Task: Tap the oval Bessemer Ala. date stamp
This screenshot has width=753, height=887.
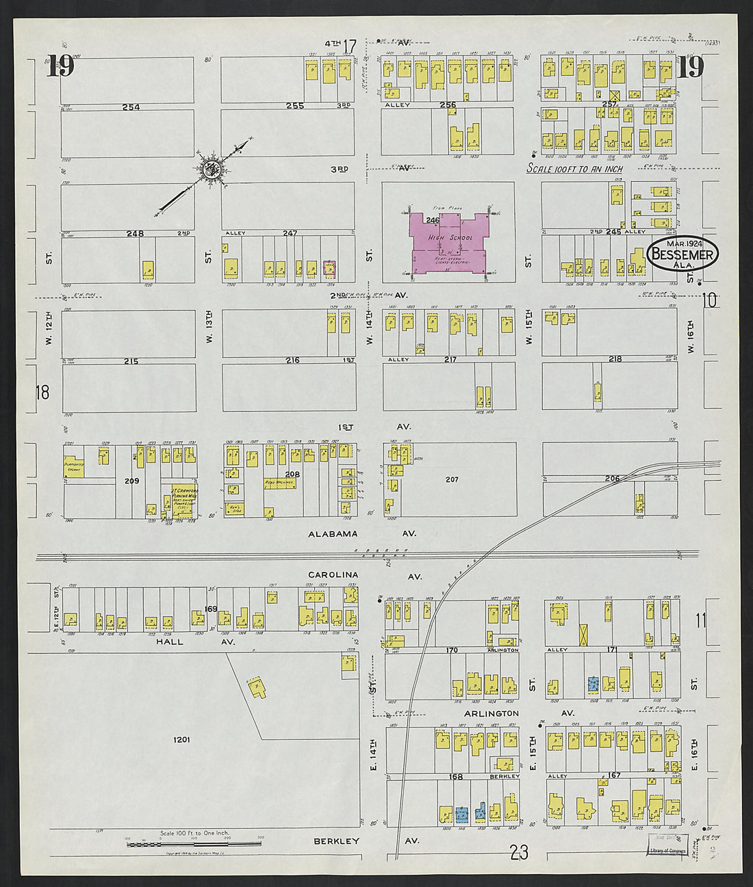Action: (682, 254)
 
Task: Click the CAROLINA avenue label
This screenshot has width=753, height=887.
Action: (333, 576)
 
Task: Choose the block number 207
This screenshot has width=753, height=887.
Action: (452, 479)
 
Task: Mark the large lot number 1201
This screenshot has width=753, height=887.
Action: (181, 739)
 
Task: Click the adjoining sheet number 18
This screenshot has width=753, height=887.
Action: (42, 392)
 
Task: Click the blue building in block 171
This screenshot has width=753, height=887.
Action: (594, 683)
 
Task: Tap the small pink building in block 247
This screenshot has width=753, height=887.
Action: (329, 267)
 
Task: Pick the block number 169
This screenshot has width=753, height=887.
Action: (210, 609)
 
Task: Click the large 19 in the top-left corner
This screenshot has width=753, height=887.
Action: (61, 66)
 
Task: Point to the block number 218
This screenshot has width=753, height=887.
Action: (615, 359)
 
